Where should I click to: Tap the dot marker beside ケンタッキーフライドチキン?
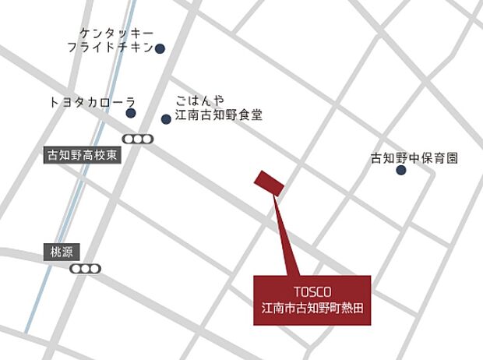pyautogui.click(x=160, y=48)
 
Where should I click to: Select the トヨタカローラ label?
pyautogui.click(x=93, y=101)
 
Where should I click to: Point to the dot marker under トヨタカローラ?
pyautogui.click(x=131, y=114)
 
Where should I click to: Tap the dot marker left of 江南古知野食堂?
pyautogui.click(x=166, y=118)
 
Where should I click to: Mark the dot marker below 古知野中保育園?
pyautogui.click(x=401, y=170)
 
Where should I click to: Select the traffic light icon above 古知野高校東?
pyautogui.click(x=138, y=139)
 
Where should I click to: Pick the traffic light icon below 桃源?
pyautogui.click(x=85, y=268)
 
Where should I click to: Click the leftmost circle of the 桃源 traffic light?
pyautogui.click(x=76, y=268)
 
